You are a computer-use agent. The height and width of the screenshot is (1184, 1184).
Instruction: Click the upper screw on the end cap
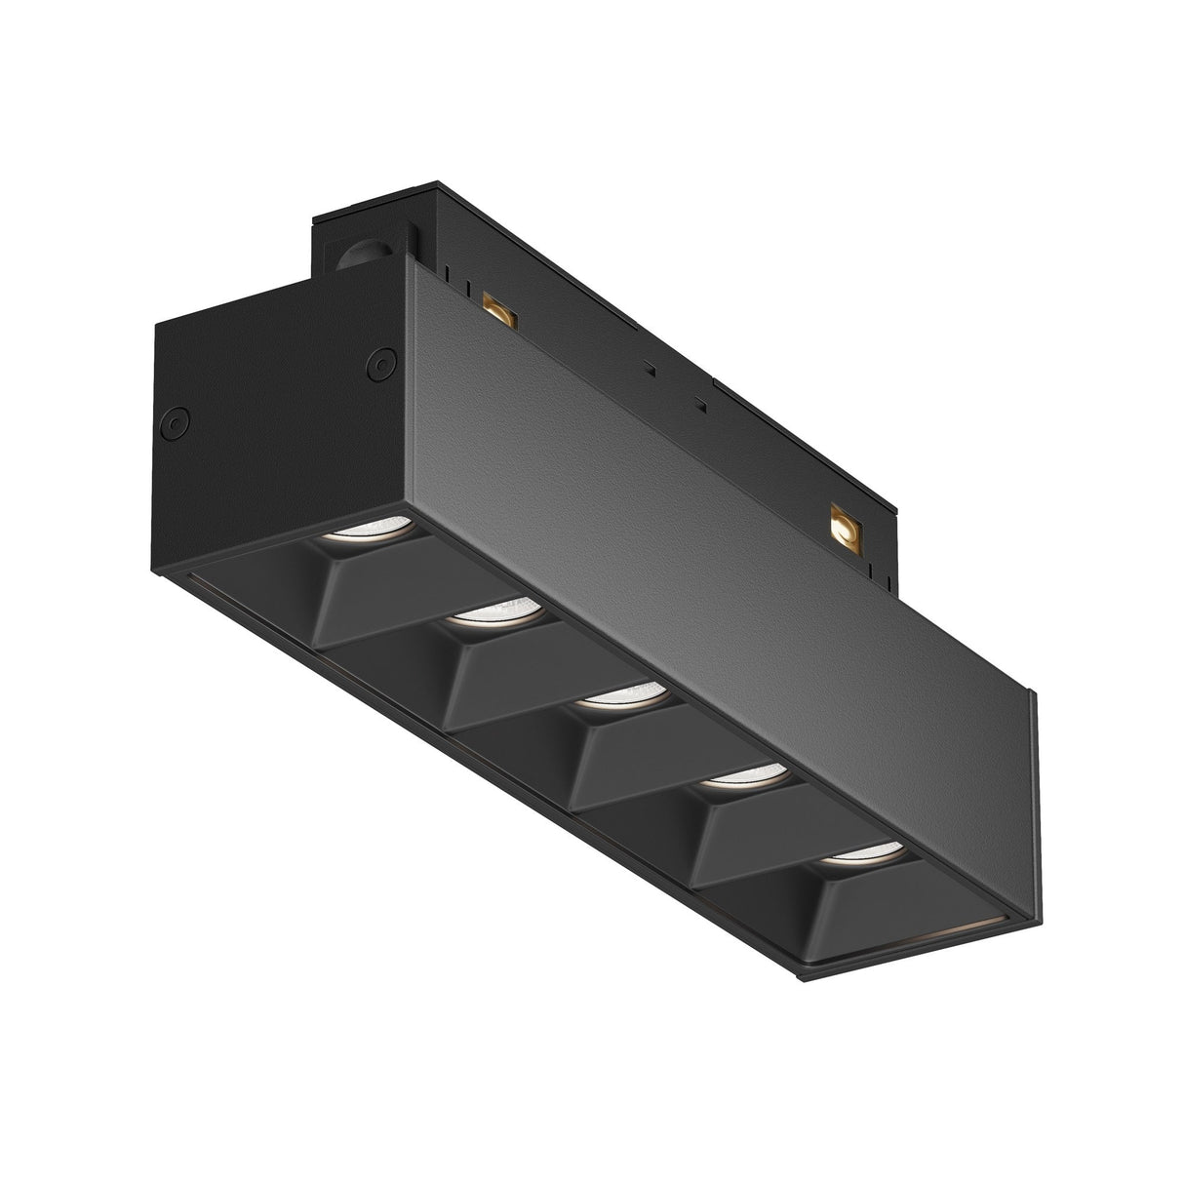(375, 363)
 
